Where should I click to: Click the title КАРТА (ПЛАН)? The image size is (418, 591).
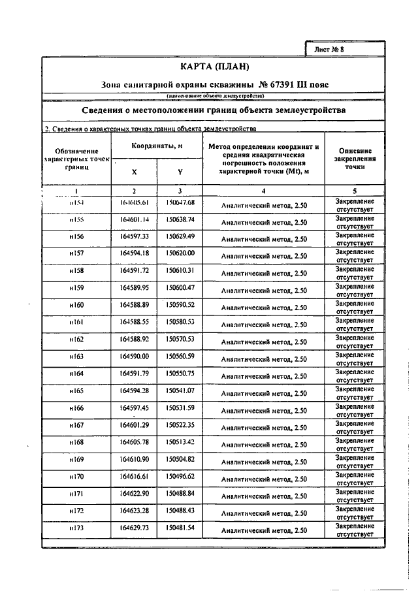(215, 67)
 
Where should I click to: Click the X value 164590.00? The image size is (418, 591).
(135, 356)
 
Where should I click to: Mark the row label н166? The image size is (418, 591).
(76, 407)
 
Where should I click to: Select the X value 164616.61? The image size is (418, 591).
(135, 476)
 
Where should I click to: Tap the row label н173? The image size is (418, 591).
(76, 528)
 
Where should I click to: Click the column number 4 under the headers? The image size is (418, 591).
(263, 191)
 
